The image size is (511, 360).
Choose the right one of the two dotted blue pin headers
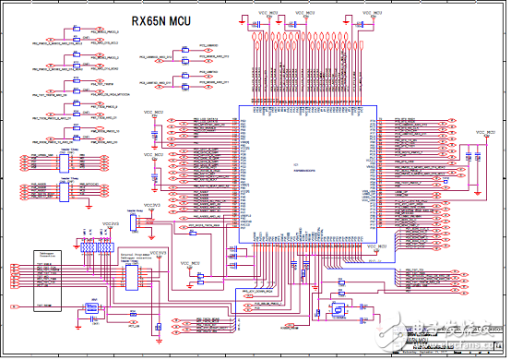(110, 247)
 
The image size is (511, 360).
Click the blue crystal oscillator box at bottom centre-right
(338, 311)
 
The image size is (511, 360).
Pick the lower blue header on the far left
(64, 189)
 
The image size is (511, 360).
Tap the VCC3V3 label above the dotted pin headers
(110, 223)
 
